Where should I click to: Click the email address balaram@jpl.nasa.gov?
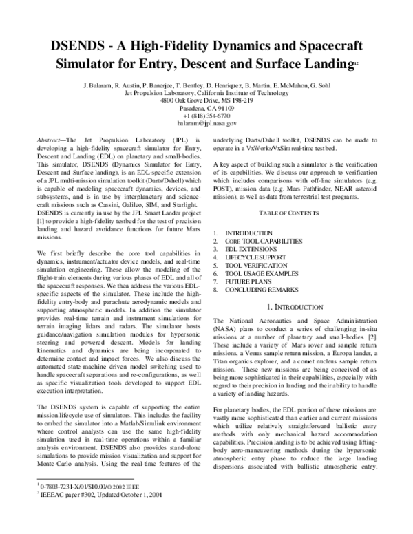point(206,124)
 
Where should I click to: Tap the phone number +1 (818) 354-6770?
point(206,116)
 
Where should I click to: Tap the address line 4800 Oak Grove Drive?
point(206,100)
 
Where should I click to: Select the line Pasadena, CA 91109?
point(206,108)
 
